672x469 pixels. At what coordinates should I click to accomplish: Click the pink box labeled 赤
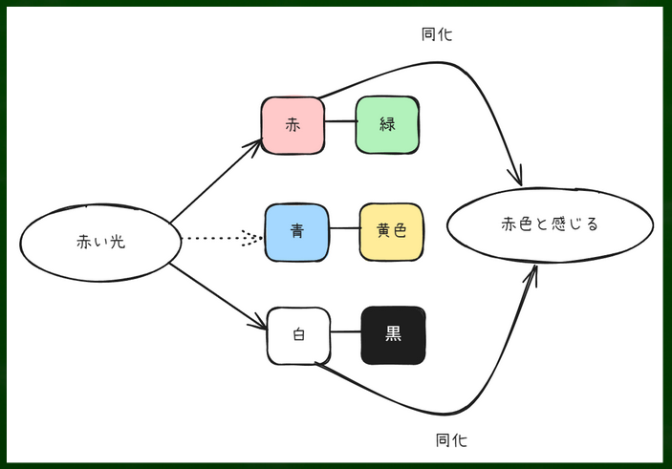coord(293,124)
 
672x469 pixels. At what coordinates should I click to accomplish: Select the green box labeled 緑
coord(387,124)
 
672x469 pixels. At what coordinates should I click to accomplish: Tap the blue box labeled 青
coord(296,230)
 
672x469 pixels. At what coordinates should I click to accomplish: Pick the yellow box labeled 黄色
coord(391,231)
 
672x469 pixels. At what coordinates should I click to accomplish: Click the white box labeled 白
coord(297,335)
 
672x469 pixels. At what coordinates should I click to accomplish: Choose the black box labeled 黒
coord(393,334)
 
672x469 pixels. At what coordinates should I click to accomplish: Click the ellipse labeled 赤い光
coord(100,242)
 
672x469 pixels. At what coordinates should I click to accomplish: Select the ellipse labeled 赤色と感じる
coord(550,225)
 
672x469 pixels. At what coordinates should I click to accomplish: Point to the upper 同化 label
coord(437,34)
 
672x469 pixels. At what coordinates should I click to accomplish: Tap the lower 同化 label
coord(451,440)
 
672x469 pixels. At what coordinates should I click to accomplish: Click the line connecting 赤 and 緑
coord(339,123)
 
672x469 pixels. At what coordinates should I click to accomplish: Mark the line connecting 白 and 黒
coord(345,334)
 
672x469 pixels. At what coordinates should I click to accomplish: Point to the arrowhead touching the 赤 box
coord(254,144)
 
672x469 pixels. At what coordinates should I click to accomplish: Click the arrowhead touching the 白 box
coord(258,325)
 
